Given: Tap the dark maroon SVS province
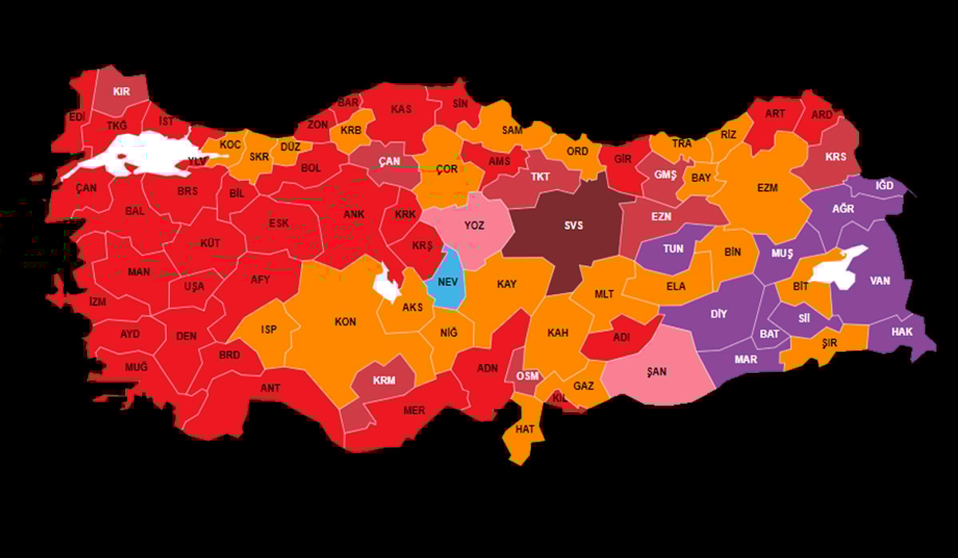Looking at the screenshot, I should pos(573,226).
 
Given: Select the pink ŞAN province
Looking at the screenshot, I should pos(657,371).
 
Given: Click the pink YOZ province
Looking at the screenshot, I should pos(474,226).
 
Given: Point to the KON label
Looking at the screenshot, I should pos(345,322).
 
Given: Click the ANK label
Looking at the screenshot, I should pos(354,215).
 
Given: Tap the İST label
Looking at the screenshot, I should pos(166,121).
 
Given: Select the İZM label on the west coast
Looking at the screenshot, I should pos(97,302).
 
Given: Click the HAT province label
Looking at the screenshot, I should pos(525,429).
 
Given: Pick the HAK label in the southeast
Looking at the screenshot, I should pos(901,331).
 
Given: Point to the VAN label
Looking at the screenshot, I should pos(880,281).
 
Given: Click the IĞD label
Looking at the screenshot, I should pos(885,185).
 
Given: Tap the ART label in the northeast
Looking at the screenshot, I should pos(774,113).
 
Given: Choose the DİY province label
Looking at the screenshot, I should pos(718,314).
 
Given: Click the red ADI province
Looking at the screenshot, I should pos(621,338).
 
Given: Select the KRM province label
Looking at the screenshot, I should pos(384,380).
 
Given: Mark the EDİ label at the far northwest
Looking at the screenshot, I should pos(77,117).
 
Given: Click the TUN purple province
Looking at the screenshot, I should pos(673,248).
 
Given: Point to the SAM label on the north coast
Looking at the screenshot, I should pos(512,130).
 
